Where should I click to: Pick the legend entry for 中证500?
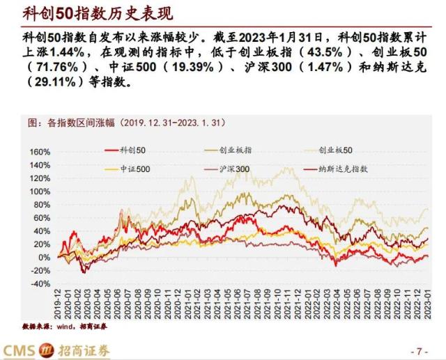click(130, 169)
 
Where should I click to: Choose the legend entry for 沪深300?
click(231, 169)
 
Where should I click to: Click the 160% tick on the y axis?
click(39, 152)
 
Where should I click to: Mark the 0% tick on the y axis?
click(43, 258)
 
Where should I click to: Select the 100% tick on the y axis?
click(39, 191)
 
